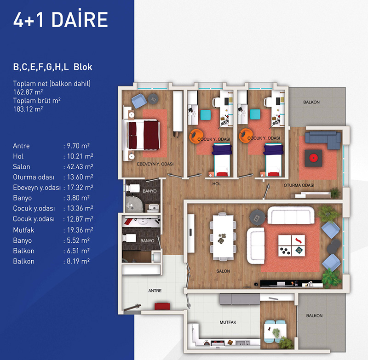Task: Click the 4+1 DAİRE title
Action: [61, 19]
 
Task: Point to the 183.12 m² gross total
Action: [28, 109]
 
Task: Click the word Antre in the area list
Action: [21, 146]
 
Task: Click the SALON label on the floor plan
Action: [223, 271]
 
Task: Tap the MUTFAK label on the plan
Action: [228, 322]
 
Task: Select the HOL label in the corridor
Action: [216, 184]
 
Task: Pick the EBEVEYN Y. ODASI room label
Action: [155, 164]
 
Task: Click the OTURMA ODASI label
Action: [299, 185]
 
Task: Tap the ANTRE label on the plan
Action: [155, 291]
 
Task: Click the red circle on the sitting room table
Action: [313, 158]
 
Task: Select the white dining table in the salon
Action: [223, 237]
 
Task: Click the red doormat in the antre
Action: [162, 307]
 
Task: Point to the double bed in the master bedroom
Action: [143, 135]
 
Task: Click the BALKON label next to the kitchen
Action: [314, 316]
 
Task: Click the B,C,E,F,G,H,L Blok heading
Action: [52, 67]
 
